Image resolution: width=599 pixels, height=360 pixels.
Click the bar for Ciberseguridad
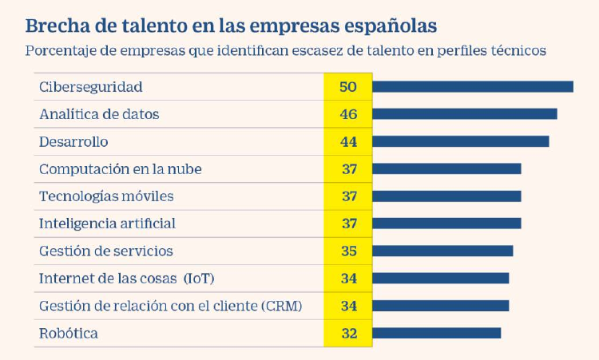pos(473,86)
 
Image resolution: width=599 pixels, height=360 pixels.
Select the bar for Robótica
pos(437,333)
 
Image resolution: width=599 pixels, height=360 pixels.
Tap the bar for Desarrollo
pos(461,141)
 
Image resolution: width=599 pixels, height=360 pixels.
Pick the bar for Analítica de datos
pos(465,114)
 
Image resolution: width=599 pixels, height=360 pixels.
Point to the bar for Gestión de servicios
pos(443,251)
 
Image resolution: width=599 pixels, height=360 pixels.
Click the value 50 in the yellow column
pos(348,86)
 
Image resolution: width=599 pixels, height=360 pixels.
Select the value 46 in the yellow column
pos(348,114)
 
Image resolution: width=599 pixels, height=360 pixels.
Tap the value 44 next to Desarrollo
pos(348,141)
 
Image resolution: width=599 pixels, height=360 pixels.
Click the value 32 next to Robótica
pos(348,333)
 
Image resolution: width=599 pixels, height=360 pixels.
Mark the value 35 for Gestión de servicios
pos(348,251)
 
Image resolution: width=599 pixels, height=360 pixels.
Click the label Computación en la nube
pos(120,168)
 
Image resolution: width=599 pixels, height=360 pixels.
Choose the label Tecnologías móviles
pos(106,196)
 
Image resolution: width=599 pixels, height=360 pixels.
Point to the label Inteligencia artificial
pos(107,224)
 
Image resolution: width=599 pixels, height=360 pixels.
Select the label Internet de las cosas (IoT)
pos(126,278)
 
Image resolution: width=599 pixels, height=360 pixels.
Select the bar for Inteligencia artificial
pos(446,224)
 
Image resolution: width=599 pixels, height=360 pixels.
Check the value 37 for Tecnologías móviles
pos(348,196)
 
